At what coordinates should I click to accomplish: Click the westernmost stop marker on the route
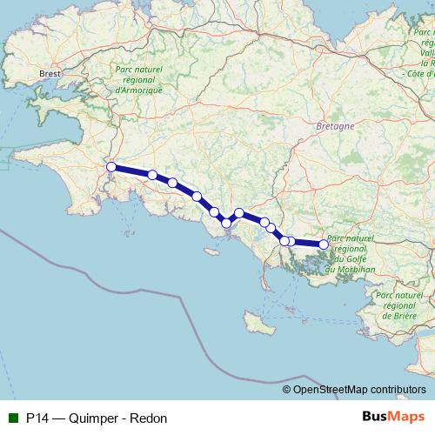click(x=110, y=167)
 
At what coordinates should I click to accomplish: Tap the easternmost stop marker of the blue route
click(x=324, y=244)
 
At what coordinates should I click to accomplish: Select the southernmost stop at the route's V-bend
click(x=226, y=224)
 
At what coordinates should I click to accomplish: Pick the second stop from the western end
click(x=152, y=175)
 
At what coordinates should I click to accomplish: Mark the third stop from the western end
click(x=173, y=183)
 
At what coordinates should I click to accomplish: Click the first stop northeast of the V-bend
click(x=239, y=212)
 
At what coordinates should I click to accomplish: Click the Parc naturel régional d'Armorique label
click(x=138, y=81)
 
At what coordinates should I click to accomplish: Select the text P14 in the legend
click(x=37, y=418)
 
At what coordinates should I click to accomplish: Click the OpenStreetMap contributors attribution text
click(x=359, y=390)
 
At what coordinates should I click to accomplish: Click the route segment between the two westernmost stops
click(x=131, y=171)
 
